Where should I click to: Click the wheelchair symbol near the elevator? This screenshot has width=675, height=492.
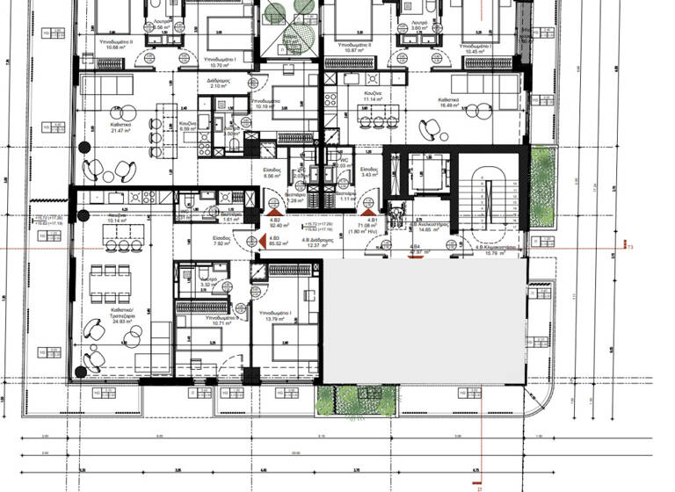pyautogui.click(x=396, y=213)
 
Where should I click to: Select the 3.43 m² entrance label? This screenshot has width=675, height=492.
pyautogui.click(x=369, y=173)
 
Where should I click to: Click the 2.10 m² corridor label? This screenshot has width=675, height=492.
pyautogui.click(x=218, y=85)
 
